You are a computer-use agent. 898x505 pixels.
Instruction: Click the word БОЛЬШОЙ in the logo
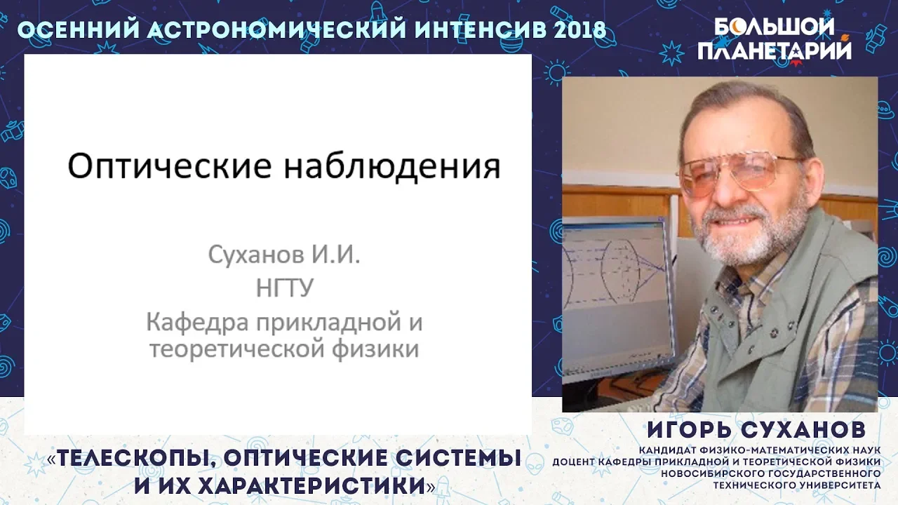click(x=774, y=28)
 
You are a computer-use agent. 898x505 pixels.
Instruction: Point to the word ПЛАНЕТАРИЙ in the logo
click(x=774, y=51)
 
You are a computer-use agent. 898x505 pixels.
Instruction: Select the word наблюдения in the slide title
click(x=392, y=167)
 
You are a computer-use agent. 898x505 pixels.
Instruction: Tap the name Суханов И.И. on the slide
click(x=284, y=255)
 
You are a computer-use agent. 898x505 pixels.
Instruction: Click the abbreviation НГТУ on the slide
click(x=284, y=288)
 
